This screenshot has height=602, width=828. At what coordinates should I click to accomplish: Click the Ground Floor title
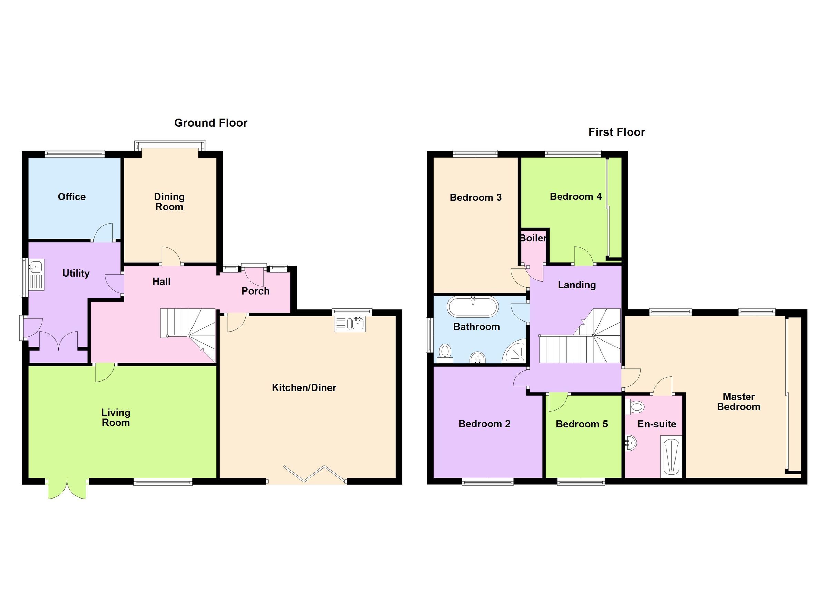[211, 123]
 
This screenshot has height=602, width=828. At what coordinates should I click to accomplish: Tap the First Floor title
[617, 132]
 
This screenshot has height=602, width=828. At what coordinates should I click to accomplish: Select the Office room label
[71, 197]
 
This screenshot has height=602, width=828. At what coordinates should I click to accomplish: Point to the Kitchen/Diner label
[304, 388]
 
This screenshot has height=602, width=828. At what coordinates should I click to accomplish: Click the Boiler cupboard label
[533, 238]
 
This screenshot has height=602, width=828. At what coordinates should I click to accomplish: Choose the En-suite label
[657, 424]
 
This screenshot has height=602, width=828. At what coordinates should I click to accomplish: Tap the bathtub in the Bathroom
[473, 307]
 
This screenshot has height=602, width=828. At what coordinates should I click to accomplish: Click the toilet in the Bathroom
[445, 353]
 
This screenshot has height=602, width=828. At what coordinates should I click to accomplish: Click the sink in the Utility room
[36, 266]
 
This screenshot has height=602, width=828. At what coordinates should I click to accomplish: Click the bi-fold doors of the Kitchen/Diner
[314, 474]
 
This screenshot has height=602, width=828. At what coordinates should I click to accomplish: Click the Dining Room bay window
[170, 146]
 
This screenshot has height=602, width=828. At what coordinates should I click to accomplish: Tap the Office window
[75, 154]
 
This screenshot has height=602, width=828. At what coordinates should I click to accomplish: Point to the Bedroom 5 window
[581, 482]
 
